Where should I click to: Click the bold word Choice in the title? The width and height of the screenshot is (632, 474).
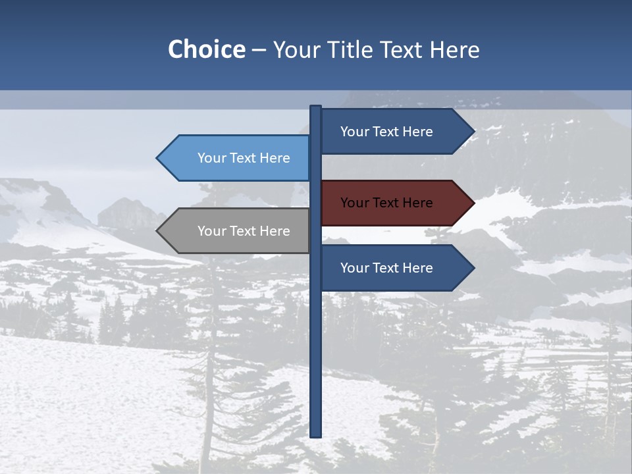(206, 49)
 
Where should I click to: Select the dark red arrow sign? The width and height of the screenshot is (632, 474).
(388, 203)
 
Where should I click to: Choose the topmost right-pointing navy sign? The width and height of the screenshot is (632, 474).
(388, 132)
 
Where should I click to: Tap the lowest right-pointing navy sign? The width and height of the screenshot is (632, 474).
(388, 268)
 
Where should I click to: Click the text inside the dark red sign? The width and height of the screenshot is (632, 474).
(386, 203)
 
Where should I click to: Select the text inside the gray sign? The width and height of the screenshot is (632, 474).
(244, 231)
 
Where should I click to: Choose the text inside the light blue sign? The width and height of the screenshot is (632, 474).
(244, 158)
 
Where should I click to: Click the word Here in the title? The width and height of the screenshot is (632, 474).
(454, 49)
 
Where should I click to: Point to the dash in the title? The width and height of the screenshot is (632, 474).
(259, 50)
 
